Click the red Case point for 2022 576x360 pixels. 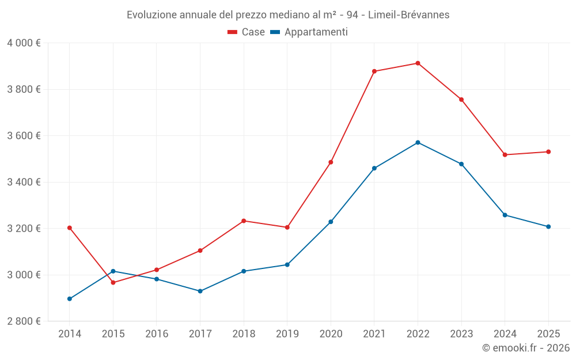[418, 63]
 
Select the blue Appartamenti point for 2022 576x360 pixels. [418, 142]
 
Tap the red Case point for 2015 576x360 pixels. [113, 282]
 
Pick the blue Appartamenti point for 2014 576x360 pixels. [70, 299]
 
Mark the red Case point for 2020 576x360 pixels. [331, 162]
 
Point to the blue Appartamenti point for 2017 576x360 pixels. [200, 291]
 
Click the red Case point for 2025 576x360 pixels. [548, 152]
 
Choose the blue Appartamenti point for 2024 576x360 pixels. [505, 215]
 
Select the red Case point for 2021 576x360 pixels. [374, 71]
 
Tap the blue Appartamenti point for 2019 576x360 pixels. [287, 265]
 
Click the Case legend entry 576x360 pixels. [247, 32]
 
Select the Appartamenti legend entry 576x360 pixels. [309, 32]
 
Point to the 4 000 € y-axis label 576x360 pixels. [24, 43]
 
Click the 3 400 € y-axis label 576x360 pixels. [24, 182]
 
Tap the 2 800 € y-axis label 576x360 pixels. [24, 321]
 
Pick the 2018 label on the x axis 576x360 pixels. [244, 334]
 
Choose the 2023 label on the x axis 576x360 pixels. [461, 334]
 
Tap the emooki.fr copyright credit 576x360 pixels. [526, 348]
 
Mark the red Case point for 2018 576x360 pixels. [244, 221]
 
